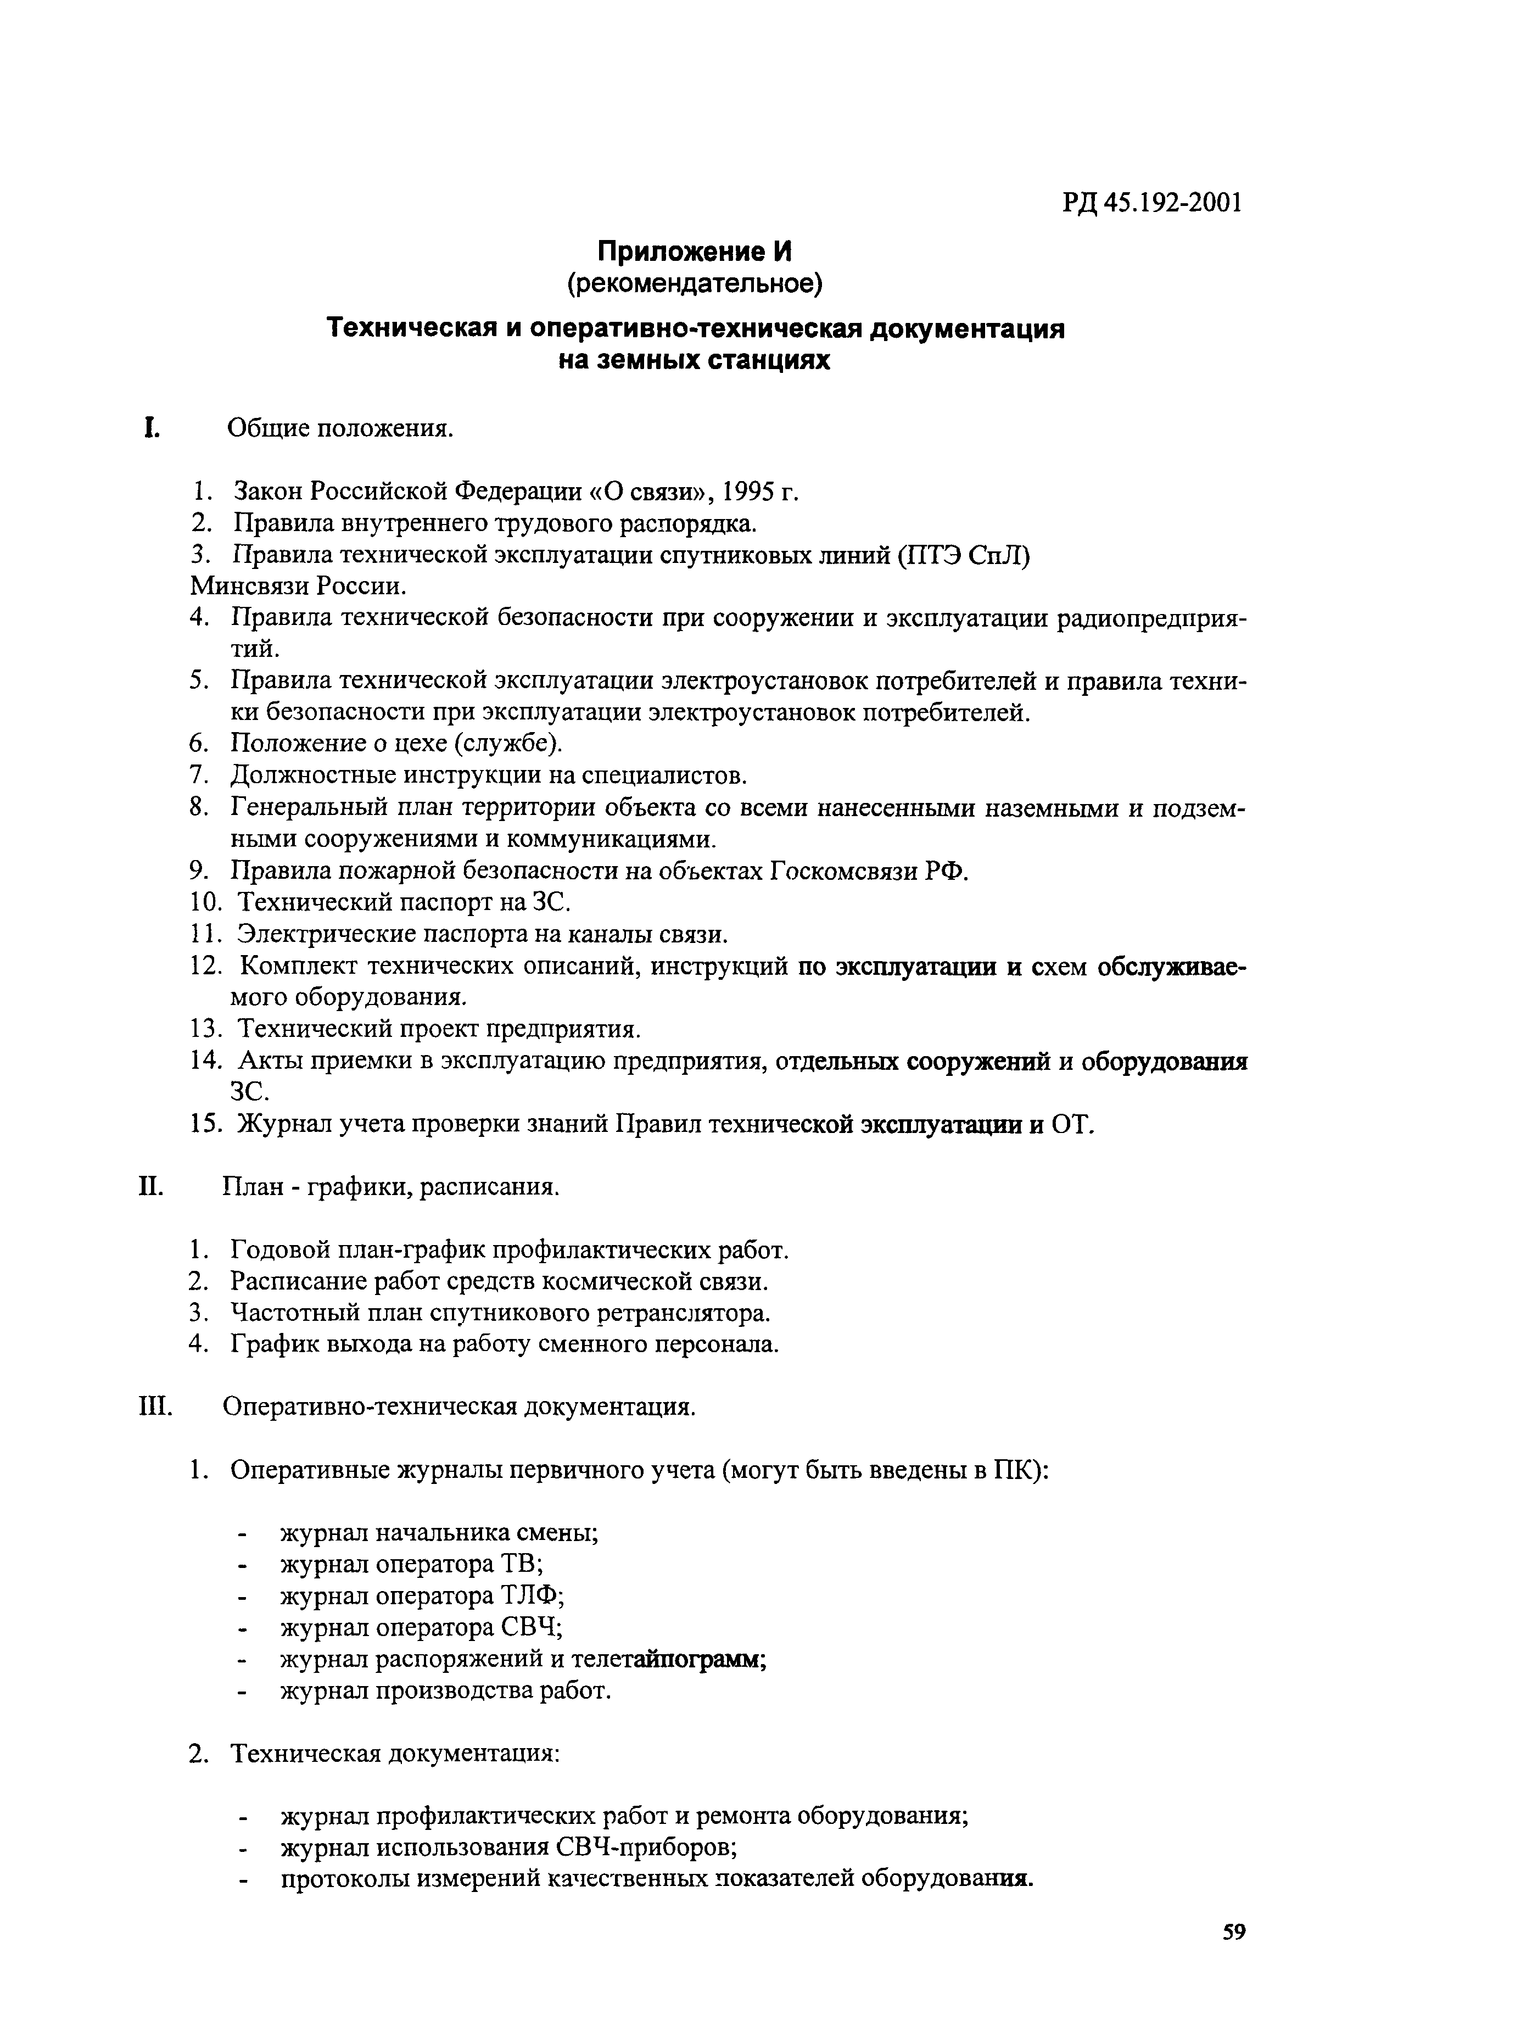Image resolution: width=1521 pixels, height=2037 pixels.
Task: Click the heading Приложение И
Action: (x=695, y=252)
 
